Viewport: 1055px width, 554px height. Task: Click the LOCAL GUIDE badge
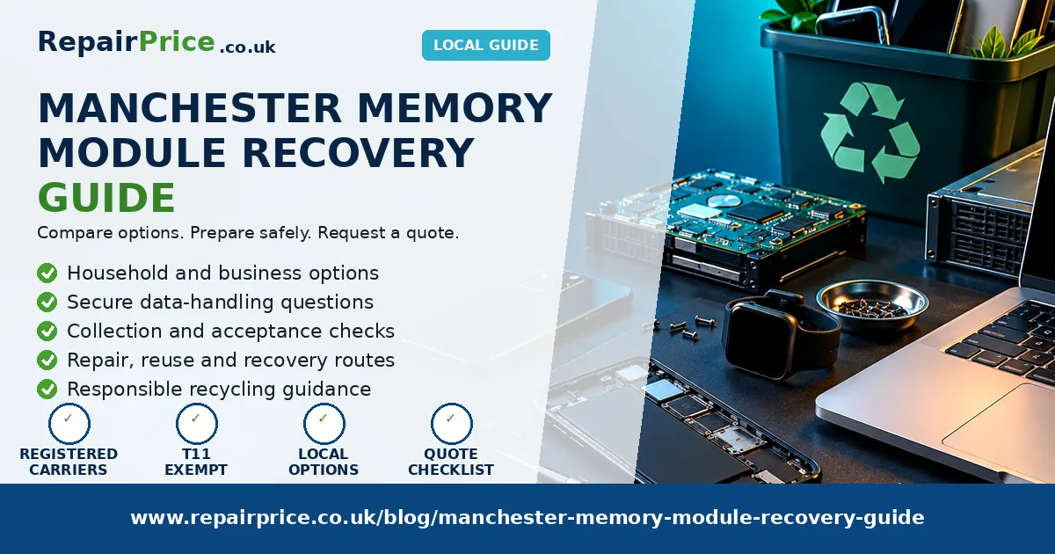[x=485, y=45]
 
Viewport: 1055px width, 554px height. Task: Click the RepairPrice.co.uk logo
[x=156, y=43]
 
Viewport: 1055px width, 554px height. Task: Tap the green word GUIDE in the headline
[x=106, y=197]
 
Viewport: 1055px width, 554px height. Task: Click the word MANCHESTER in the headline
[x=189, y=108]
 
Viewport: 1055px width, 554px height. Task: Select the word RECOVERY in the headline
[x=358, y=153]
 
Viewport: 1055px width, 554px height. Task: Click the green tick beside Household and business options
[x=47, y=273]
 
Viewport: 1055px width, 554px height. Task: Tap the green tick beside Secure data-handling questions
[x=47, y=303]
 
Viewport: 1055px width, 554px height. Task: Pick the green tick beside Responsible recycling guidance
[x=47, y=390]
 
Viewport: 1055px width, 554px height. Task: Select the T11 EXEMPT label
[x=196, y=462]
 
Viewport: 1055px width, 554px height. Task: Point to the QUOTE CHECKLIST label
[x=451, y=462]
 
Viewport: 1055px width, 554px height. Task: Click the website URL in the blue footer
[x=527, y=517]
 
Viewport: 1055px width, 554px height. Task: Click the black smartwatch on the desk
[x=780, y=334]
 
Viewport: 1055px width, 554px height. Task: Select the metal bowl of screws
[x=872, y=305]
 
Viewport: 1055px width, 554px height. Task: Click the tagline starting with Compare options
[x=248, y=233]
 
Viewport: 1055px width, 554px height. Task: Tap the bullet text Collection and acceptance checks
[x=230, y=332]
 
